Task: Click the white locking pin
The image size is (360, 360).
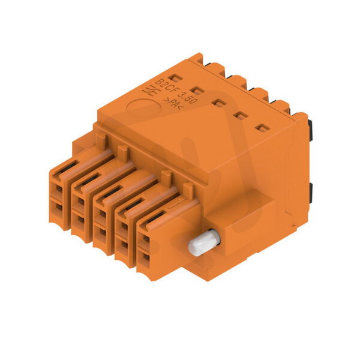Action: click(x=204, y=242)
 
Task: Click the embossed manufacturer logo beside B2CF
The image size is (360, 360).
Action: click(x=151, y=92)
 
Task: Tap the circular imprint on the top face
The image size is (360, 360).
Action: click(x=144, y=107)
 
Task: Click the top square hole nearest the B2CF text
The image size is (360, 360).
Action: click(x=175, y=79)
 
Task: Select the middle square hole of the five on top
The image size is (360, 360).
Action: click(x=219, y=103)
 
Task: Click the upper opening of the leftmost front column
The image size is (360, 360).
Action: click(x=59, y=189)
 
